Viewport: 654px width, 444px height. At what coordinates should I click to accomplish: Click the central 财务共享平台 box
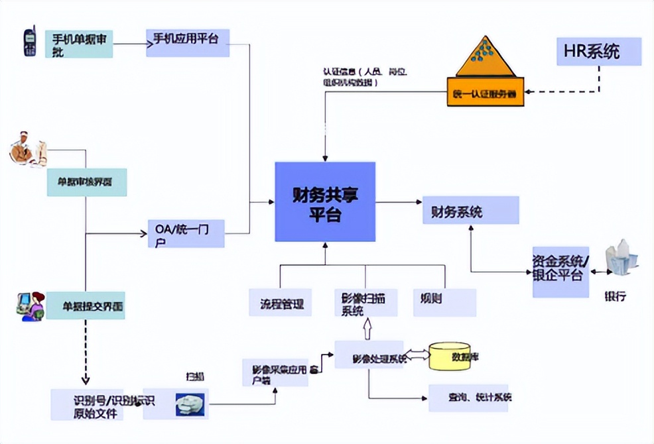(x=325, y=201)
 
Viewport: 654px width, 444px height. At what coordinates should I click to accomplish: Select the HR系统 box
(x=598, y=51)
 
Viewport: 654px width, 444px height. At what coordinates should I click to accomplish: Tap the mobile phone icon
(x=30, y=41)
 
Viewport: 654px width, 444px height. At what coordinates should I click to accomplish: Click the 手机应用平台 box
(x=187, y=42)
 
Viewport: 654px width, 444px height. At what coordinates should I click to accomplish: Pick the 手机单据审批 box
(x=78, y=44)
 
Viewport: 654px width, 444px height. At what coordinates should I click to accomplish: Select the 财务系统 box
(x=470, y=212)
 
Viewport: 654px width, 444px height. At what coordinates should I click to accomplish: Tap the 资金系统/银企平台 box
(x=560, y=270)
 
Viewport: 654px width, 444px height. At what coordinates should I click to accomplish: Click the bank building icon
(x=621, y=258)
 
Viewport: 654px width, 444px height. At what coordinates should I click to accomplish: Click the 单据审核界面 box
(x=86, y=181)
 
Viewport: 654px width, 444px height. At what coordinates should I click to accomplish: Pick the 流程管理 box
(x=280, y=303)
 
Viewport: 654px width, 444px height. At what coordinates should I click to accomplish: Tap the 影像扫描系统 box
(x=364, y=303)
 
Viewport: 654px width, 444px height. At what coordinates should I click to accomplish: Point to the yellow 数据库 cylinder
(x=450, y=357)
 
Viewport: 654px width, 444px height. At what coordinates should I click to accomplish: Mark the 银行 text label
(x=614, y=296)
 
